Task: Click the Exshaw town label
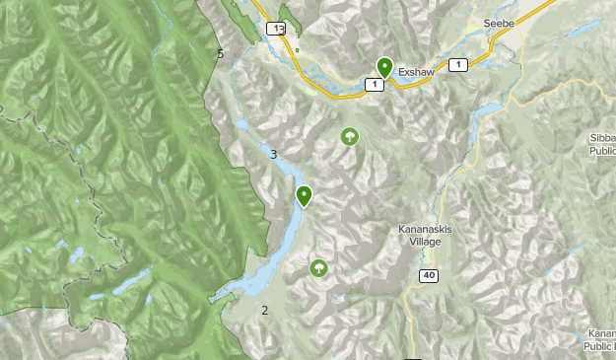(418, 72)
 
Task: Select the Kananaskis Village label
(425, 236)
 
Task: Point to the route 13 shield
(280, 29)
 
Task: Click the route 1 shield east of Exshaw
(457, 64)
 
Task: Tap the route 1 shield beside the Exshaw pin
(374, 85)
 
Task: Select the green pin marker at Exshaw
(385, 67)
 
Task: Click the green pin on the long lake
(305, 196)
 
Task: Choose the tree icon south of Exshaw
(349, 136)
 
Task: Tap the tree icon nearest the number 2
(318, 267)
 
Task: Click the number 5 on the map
(220, 53)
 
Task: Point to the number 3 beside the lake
(273, 154)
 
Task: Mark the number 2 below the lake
(264, 311)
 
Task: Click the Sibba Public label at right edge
(602, 146)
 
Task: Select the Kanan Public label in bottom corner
(599, 339)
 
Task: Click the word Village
(425, 243)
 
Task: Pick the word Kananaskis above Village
(425, 230)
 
